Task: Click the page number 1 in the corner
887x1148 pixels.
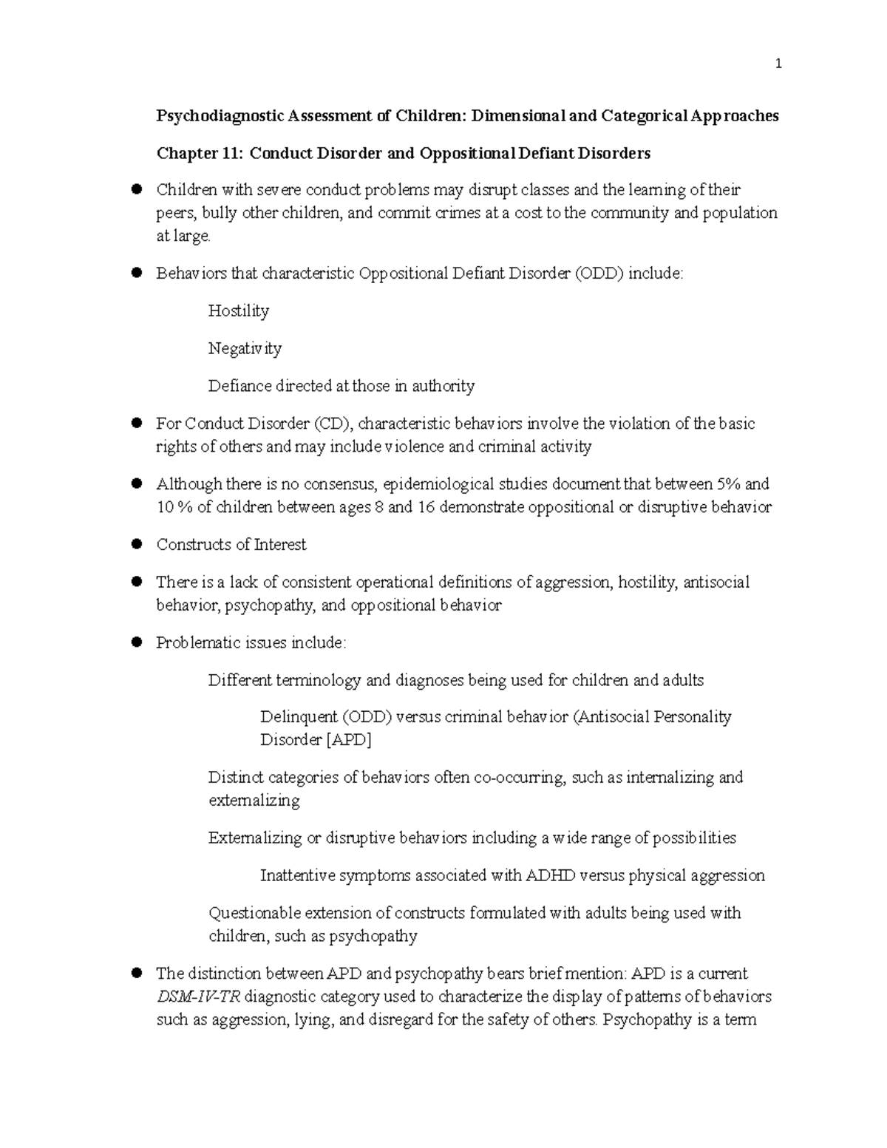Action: pos(778,64)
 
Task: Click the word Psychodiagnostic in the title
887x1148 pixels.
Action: pos(220,116)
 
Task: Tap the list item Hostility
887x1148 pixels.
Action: pos(238,311)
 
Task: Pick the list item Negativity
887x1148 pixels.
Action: pos(245,348)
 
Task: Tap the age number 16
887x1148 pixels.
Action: pos(425,507)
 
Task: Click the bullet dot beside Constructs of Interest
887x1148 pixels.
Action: pos(136,544)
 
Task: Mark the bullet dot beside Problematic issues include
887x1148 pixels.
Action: pos(136,642)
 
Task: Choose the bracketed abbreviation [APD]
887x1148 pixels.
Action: pos(348,740)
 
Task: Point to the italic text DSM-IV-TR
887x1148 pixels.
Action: pos(198,996)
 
